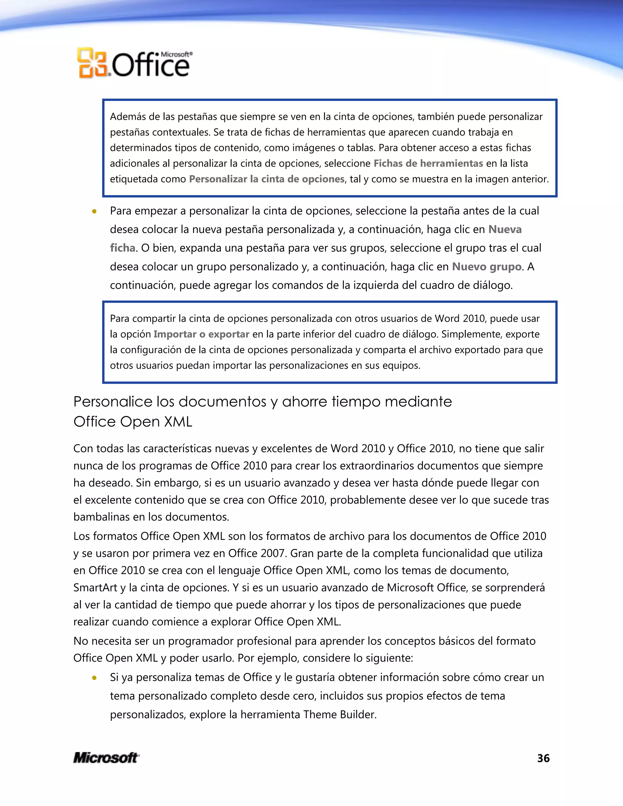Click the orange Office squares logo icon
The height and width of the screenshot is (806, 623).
click(92, 63)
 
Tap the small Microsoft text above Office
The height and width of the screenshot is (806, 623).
click(176, 54)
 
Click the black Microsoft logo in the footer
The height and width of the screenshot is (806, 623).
click(106, 758)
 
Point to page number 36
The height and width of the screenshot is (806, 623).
click(543, 758)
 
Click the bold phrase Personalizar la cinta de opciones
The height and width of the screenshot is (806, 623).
click(267, 179)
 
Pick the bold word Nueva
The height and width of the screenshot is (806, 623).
click(505, 230)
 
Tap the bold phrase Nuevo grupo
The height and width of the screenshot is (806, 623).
click(487, 267)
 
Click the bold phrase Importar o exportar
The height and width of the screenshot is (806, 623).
click(201, 334)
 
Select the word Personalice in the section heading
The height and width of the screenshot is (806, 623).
click(113, 401)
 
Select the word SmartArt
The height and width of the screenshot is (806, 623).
click(95, 588)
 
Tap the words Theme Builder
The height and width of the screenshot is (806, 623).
click(339, 715)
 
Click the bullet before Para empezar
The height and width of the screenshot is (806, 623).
click(95, 211)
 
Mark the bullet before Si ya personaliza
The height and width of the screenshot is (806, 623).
click(95, 678)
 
